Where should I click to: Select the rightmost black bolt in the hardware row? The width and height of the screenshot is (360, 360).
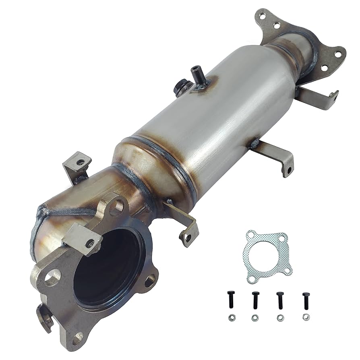click(306, 300)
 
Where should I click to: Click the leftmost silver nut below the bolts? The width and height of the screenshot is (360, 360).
click(232, 318)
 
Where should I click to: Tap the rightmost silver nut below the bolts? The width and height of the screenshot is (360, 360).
click(306, 318)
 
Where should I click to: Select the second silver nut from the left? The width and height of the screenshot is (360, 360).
click(255, 318)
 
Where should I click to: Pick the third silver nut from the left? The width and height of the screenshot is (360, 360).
click(279, 318)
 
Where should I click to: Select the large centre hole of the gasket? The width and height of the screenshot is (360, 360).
click(266, 254)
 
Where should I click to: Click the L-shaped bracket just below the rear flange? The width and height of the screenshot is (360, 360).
click(318, 97)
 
